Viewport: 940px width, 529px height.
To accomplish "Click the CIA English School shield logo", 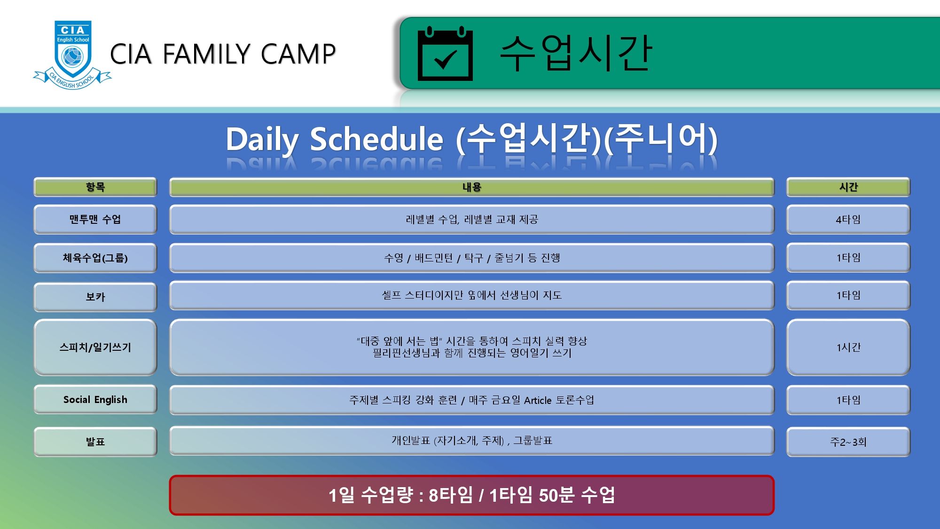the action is pyautogui.click(x=72, y=55).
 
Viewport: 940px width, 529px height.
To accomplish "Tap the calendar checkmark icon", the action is pyautogui.click(x=445, y=54).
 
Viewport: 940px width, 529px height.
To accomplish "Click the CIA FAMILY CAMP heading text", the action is pyautogui.click(x=223, y=54).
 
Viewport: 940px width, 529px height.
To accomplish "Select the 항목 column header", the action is pyautogui.click(x=95, y=187).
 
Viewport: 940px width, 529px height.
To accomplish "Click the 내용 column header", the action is pyautogui.click(x=471, y=187).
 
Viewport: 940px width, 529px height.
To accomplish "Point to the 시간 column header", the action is pyautogui.click(x=848, y=187).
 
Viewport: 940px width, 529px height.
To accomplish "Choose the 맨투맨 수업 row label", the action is pyautogui.click(x=95, y=219).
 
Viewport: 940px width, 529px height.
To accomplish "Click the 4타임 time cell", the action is pyautogui.click(x=848, y=219).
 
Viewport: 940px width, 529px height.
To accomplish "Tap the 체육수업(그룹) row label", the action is pyautogui.click(x=95, y=258).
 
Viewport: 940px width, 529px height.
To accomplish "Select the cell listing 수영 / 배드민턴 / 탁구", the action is pyautogui.click(x=471, y=258).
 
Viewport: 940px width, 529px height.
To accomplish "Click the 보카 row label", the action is pyautogui.click(x=95, y=297).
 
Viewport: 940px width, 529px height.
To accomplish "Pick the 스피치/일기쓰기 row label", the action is pyautogui.click(x=95, y=347).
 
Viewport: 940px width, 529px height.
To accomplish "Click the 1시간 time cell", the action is pyautogui.click(x=848, y=347).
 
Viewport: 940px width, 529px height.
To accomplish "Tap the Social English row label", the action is pyautogui.click(x=95, y=400).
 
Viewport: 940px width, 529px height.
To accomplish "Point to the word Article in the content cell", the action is pyautogui.click(x=538, y=400).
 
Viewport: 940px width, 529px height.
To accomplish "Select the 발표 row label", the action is pyautogui.click(x=95, y=442).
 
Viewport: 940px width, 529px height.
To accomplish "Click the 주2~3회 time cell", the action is pyautogui.click(x=848, y=442).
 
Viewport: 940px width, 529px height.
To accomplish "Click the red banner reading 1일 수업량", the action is pyautogui.click(x=471, y=495).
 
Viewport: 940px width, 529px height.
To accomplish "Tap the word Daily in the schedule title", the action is pyautogui.click(x=262, y=140).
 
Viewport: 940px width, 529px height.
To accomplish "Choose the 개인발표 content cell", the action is pyautogui.click(x=471, y=441).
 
